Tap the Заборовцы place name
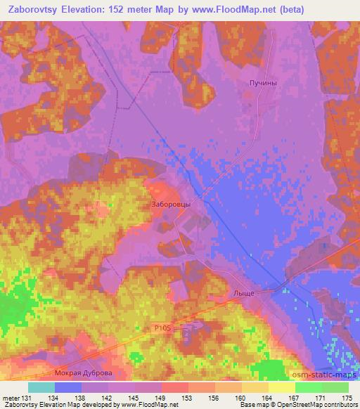171,204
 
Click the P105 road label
163,327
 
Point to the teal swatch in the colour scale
41,387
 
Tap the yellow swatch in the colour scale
281,387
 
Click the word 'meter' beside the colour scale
11,398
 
